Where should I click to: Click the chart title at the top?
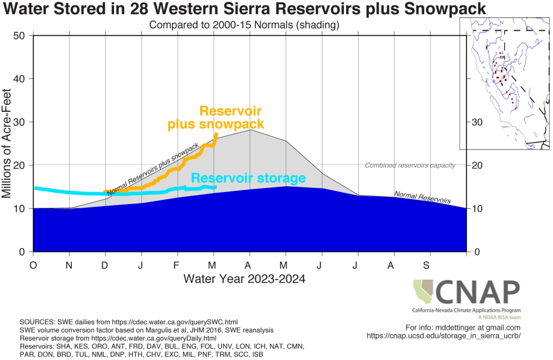coord(244,9)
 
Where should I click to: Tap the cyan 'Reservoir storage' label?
coord(248,179)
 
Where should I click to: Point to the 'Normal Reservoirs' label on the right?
coord(422,197)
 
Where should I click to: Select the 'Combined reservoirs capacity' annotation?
coord(410,165)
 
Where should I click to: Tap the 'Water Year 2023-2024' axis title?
coord(245,279)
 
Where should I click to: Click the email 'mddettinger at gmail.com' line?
coord(463,327)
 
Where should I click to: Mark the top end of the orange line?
coord(217,134)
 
